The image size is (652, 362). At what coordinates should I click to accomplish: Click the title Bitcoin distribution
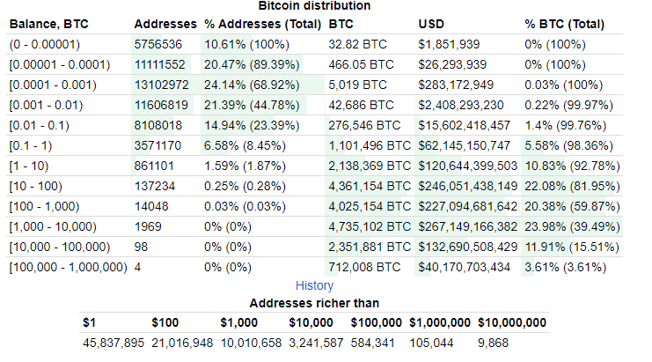pos(326,6)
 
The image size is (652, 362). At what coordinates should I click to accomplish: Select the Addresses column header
pos(165,23)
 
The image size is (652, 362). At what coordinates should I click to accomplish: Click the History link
pos(314,285)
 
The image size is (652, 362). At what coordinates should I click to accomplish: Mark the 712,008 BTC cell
pos(364,266)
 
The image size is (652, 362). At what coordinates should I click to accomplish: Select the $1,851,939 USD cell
pos(449,43)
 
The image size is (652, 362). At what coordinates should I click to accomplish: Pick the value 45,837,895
pos(112,343)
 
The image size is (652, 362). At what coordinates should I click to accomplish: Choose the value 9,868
pos(493,343)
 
